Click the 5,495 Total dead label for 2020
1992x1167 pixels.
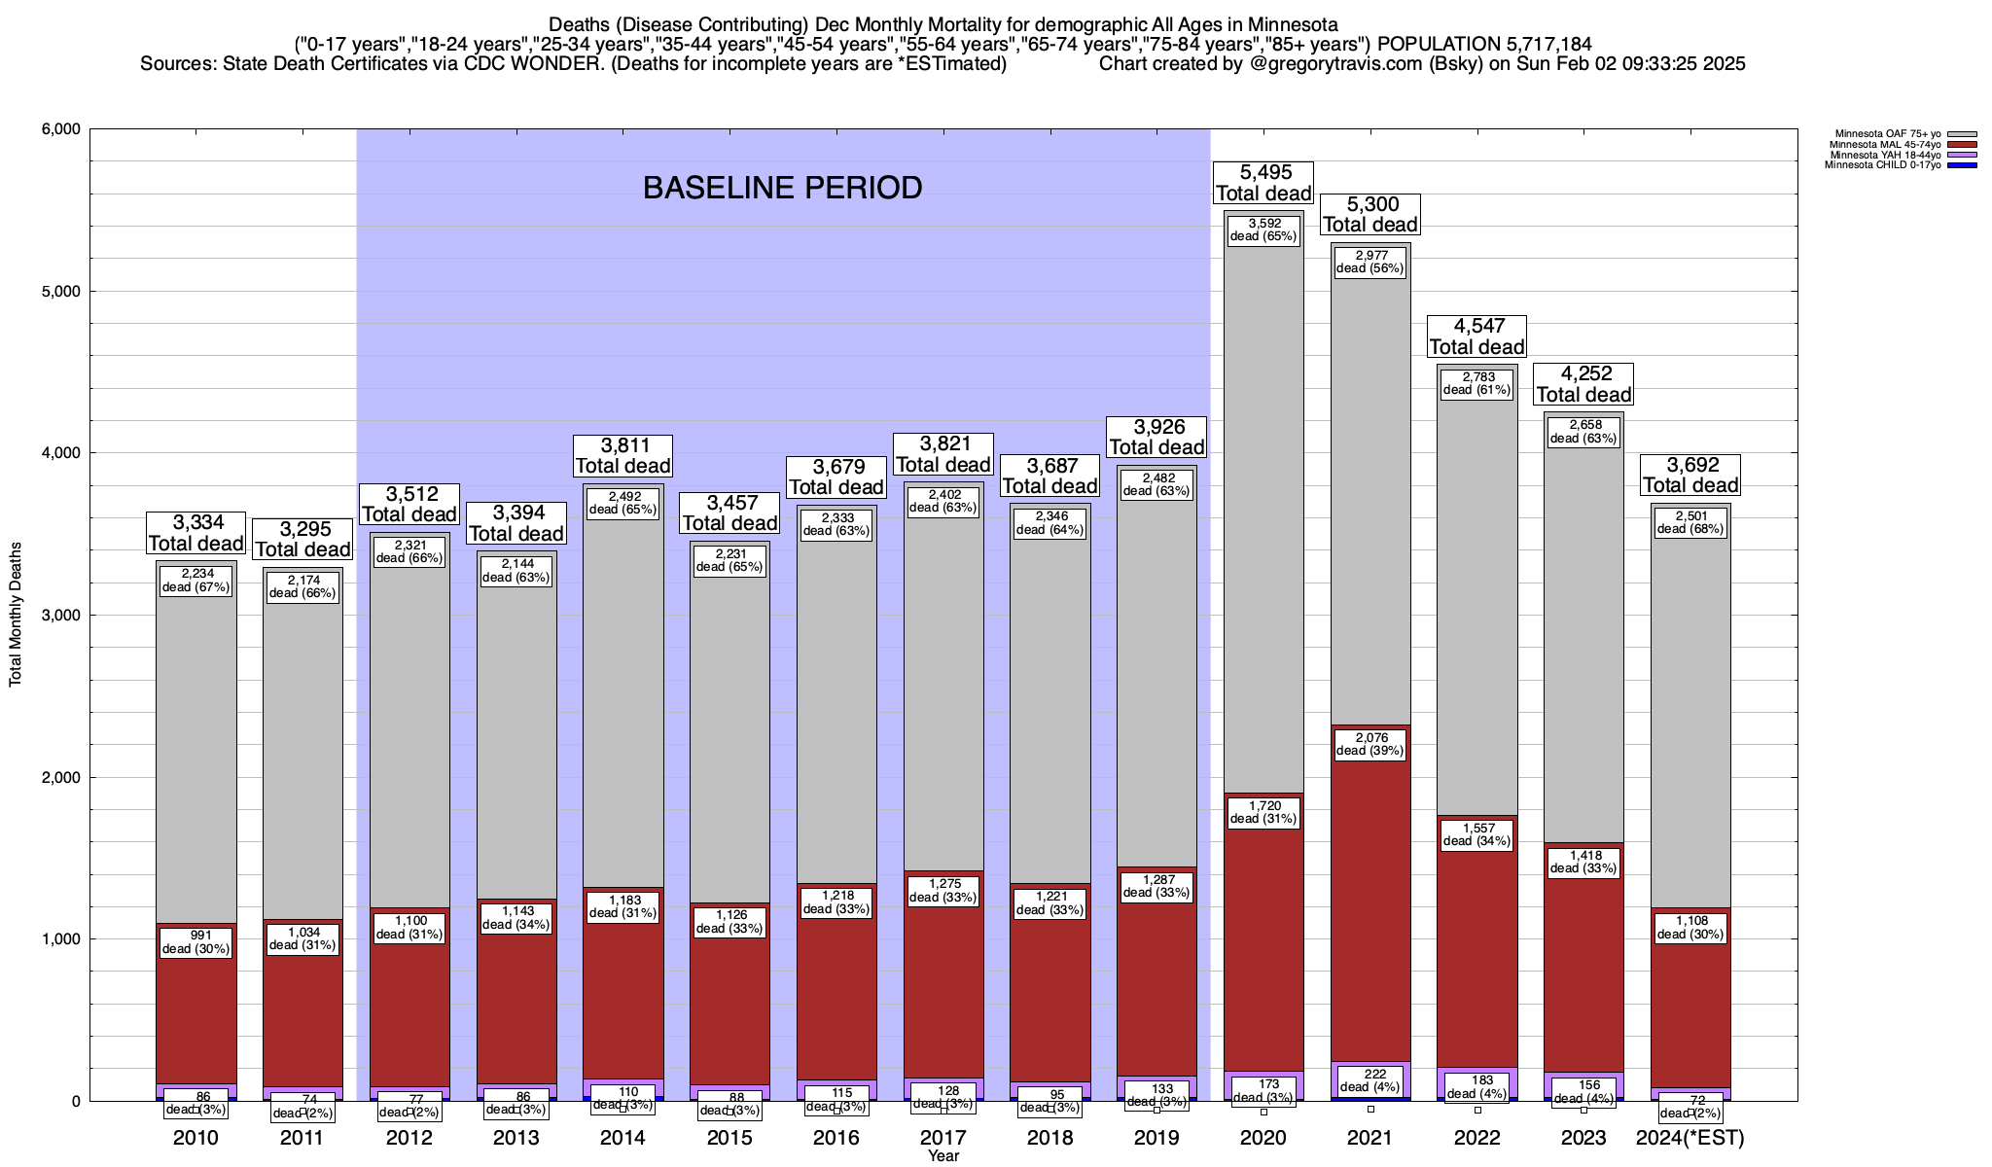pos(1263,183)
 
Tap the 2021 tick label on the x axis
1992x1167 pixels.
pos(1369,1138)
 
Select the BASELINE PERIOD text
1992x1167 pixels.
pos(782,188)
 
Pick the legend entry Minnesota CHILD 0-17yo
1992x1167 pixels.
pos(1886,165)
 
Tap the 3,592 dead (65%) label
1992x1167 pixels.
pos(1263,230)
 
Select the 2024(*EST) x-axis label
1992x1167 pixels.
pos(1690,1138)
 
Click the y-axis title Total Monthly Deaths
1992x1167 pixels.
pos(16,615)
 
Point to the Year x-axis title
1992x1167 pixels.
pos(943,1156)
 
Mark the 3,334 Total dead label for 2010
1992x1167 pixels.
pos(196,533)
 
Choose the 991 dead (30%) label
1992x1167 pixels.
pos(196,942)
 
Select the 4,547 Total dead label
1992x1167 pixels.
pos(1476,336)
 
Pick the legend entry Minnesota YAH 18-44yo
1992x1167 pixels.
pos(1887,155)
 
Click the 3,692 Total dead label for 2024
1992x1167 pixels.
pos(1690,475)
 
